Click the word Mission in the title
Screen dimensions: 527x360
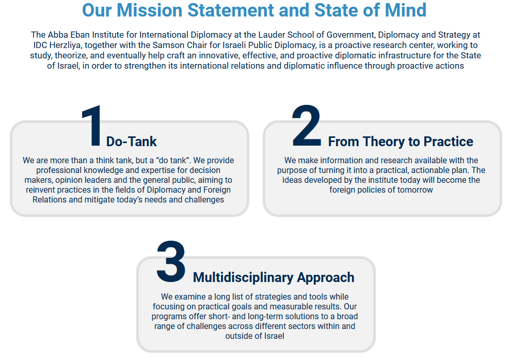coord(150,10)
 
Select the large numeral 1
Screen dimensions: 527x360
coord(92,126)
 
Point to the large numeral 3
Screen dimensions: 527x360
coord(171,261)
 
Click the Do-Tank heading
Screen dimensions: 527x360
coord(132,142)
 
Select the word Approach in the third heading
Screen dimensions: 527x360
coord(325,278)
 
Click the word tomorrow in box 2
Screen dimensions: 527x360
coord(415,190)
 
